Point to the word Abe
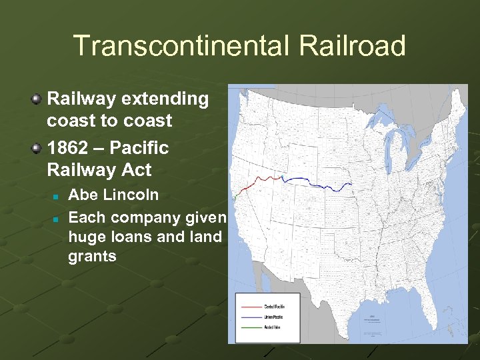coord(81,195)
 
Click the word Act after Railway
coord(137,170)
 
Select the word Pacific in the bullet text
coord(140,147)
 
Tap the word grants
coord(92,256)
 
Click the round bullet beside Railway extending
coord(37,99)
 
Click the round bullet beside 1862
coord(37,148)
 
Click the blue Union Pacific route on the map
coord(313,181)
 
